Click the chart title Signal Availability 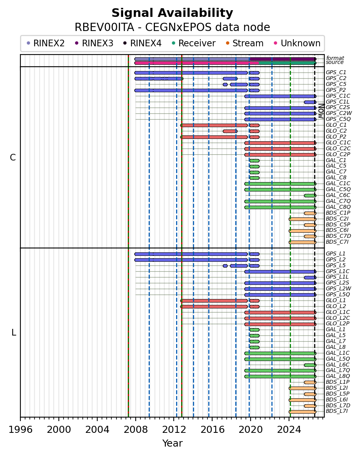(x=172, y=13)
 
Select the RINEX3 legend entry (x=94, y=43)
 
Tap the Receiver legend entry (x=194, y=43)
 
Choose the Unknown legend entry (x=297, y=43)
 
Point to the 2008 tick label (x=135, y=429)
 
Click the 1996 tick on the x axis (x=20, y=419)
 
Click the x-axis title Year (x=172, y=443)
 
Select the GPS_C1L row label (x=338, y=102)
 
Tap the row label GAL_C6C (x=338, y=195)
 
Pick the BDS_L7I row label (x=337, y=411)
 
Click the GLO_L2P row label (x=338, y=323)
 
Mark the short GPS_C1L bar (x=310, y=102)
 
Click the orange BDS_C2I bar (x=302, y=219)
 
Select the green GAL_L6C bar (x=310, y=365)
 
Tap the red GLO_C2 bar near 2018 (x=230, y=131)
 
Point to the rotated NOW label (x=321, y=111)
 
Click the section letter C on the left (x=13, y=157)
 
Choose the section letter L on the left (x=13, y=332)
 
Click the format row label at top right (x=335, y=58)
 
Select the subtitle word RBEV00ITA (x=104, y=27)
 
